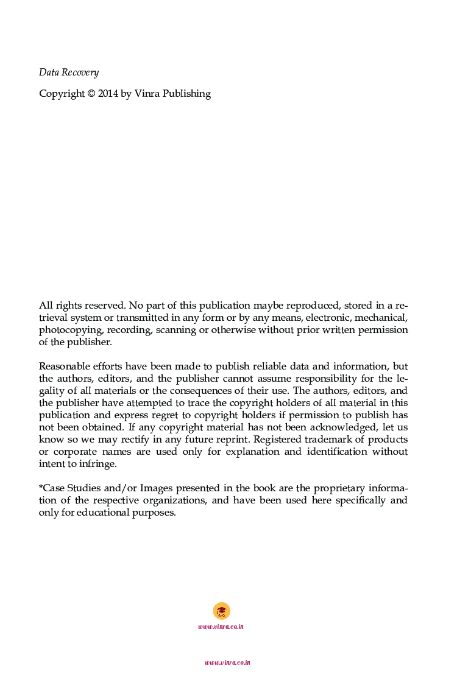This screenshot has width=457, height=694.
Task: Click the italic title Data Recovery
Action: tap(68, 72)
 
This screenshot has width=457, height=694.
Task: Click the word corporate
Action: tap(74, 452)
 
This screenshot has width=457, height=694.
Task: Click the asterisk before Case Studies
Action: tap(41, 488)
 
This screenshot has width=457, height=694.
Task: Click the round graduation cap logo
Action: tap(221, 611)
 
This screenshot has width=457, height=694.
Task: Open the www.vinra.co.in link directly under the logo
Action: tap(221, 626)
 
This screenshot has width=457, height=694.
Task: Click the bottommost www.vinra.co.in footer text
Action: tap(227, 662)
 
